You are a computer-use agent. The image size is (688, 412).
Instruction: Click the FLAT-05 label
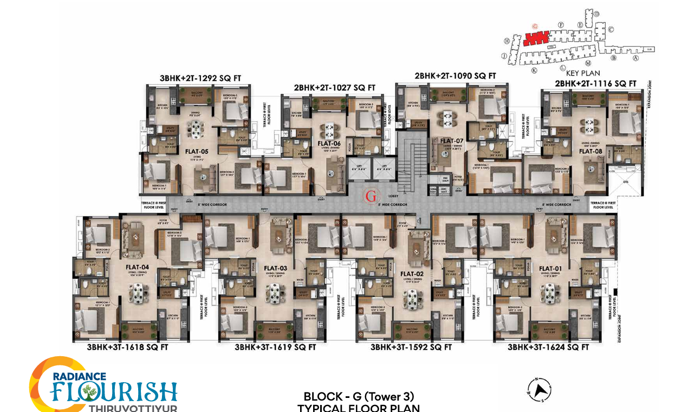[197, 152]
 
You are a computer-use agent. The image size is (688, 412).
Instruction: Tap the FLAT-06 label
[329, 144]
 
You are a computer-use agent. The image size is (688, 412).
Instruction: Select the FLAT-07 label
[445, 140]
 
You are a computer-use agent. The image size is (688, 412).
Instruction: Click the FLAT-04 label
[138, 267]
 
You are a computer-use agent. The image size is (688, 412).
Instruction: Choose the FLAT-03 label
[275, 268]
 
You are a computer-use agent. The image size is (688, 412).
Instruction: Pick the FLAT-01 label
[550, 268]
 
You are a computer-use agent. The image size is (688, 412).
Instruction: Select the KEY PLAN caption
[583, 73]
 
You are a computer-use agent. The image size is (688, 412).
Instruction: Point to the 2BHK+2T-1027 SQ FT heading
[335, 87]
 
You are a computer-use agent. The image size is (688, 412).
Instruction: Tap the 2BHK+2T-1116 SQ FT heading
[595, 83]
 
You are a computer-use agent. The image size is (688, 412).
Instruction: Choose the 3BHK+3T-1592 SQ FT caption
[411, 347]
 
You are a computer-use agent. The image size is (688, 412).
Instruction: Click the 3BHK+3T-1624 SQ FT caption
[548, 347]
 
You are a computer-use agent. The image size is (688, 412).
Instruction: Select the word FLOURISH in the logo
[114, 391]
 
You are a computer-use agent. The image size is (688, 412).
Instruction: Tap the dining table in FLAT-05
[194, 128]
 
